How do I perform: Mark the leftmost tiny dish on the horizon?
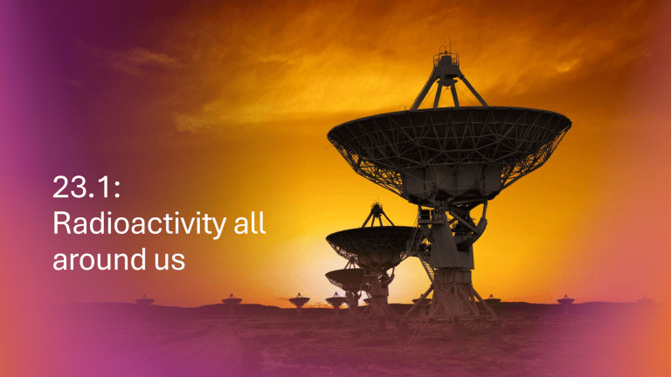[144, 300]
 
